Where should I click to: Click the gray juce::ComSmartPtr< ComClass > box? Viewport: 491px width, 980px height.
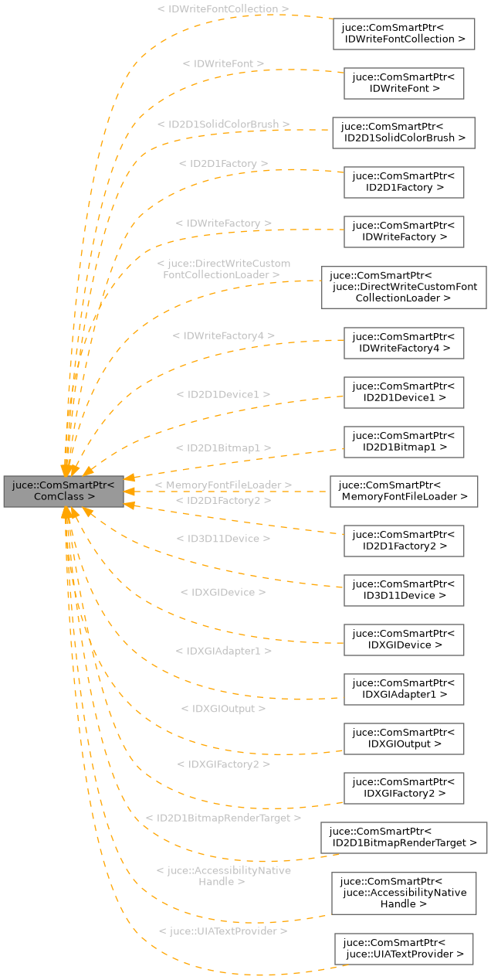[64, 491]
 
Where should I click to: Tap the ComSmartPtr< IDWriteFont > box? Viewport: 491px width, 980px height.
[404, 83]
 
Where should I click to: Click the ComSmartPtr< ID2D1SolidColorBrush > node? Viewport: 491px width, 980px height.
[404, 132]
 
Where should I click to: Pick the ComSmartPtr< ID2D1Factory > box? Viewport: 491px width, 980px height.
[404, 182]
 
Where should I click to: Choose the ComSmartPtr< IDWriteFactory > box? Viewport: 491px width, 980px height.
[404, 231]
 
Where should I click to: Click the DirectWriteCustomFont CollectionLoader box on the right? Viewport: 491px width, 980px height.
[404, 287]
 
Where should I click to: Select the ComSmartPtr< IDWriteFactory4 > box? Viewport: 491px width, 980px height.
[404, 342]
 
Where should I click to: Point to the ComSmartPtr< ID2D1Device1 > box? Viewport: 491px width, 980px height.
[404, 392]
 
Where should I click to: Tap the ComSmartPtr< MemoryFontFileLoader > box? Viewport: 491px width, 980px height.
[404, 491]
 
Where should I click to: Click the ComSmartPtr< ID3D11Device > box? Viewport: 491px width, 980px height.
[404, 590]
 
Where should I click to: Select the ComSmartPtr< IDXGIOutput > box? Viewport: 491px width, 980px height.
[404, 738]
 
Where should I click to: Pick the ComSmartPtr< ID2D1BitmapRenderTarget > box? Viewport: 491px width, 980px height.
[404, 837]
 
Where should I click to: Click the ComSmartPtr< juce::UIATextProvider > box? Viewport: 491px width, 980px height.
[404, 948]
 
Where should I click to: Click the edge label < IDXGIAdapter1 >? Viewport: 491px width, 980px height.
[224, 651]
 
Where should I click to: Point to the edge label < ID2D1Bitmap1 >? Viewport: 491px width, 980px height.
[224, 447]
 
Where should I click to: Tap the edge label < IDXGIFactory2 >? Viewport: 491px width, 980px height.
[224, 764]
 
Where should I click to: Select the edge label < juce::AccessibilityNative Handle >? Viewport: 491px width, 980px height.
[223, 876]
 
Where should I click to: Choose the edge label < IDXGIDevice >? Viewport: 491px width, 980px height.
[223, 592]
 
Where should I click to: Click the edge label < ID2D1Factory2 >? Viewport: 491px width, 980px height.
[224, 501]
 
